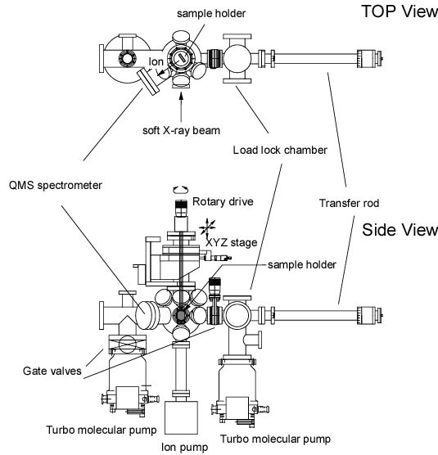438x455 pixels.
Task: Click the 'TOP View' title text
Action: click(x=400, y=11)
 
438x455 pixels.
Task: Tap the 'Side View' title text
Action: click(x=400, y=230)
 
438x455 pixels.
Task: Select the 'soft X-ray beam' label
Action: click(x=181, y=131)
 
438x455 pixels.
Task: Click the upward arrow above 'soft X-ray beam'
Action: click(x=182, y=106)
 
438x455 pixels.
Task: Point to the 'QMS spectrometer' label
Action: click(x=56, y=186)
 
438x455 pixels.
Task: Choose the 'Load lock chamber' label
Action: click(x=280, y=150)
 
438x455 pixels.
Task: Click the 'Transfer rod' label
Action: click(x=350, y=203)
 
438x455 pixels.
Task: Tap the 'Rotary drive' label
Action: click(x=223, y=201)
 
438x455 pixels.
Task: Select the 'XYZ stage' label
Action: click(x=232, y=242)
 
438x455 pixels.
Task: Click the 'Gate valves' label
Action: click(x=52, y=371)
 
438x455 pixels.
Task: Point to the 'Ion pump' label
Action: click(x=184, y=447)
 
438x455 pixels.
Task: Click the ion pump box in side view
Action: click(x=181, y=417)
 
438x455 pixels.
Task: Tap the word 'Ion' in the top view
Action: click(x=156, y=62)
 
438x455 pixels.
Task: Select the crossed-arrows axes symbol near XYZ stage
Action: click(x=207, y=227)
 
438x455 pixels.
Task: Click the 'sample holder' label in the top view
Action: click(x=211, y=13)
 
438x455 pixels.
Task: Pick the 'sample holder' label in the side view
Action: click(x=302, y=264)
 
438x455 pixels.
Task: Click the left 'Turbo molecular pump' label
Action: click(x=102, y=430)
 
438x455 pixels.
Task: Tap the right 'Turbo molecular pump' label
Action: click(x=275, y=439)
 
